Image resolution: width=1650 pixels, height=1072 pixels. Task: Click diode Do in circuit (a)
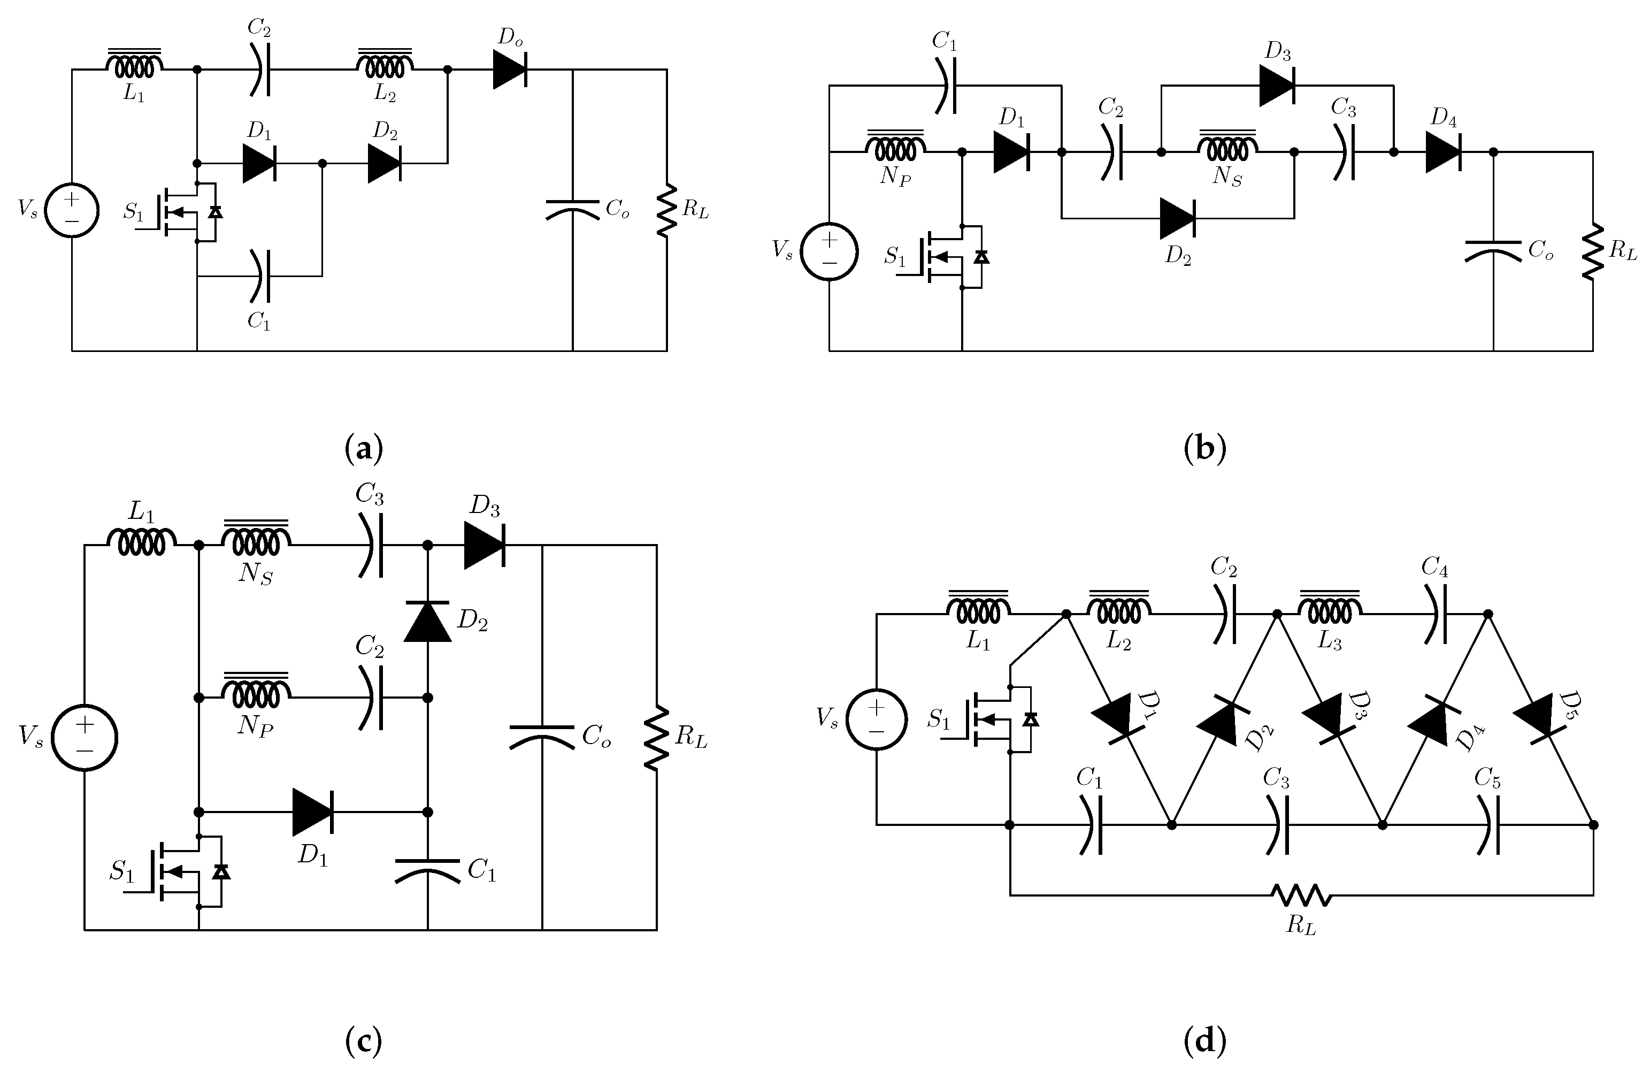coord(510,70)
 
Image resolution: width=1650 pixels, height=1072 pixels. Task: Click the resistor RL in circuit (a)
coord(667,210)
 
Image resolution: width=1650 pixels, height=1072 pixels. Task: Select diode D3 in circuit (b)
coord(1276,86)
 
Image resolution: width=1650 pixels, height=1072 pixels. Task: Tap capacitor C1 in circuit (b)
coord(945,86)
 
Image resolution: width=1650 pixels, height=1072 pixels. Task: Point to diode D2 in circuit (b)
coord(1177,218)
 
